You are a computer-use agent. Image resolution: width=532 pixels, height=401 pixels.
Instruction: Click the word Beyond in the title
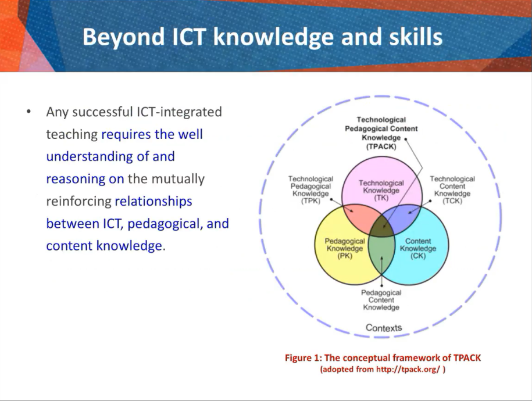pos(123,37)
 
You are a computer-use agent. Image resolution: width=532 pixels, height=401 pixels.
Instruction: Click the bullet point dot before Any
pos(28,112)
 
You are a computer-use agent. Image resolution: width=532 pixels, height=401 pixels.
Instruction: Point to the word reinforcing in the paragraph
pos(78,202)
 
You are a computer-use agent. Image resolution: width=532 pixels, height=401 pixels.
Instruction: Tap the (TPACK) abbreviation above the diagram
pos(381,146)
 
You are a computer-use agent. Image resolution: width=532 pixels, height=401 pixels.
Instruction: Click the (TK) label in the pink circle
pos(381,198)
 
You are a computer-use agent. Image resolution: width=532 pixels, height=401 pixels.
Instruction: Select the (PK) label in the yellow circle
pos(345,256)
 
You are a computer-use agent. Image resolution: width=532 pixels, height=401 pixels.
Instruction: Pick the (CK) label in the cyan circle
pos(417,256)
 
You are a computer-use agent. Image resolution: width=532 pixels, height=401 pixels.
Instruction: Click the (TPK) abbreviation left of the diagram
pos(310,201)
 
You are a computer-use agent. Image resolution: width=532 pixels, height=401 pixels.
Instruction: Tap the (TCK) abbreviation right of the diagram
pos(452,201)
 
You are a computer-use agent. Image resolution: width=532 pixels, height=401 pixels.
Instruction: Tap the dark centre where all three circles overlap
pos(381,227)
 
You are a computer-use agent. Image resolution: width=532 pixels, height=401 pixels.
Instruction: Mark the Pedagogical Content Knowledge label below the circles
pos(381,300)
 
